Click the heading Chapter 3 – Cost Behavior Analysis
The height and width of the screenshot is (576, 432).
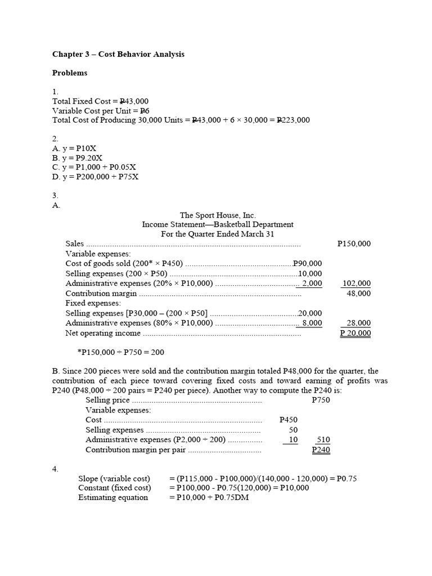tap(118, 55)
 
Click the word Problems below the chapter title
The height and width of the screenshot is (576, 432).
tap(70, 73)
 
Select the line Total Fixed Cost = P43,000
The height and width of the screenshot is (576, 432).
tap(100, 101)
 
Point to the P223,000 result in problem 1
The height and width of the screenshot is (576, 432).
tap(290, 120)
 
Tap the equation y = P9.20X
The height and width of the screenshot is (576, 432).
tap(78, 158)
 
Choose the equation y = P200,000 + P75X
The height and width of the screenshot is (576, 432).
tap(95, 177)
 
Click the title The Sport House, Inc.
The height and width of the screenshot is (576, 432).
tap(218, 215)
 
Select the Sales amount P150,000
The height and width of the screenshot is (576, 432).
tap(354, 244)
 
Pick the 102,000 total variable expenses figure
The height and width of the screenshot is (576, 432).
tap(357, 283)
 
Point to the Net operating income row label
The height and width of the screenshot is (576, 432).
tap(103, 333)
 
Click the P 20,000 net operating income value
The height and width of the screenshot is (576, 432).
tap(355, 333)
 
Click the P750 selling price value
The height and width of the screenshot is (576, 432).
tap(321, 400)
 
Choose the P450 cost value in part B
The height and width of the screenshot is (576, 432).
tap(289, 420)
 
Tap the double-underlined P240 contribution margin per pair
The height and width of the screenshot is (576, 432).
tap(321, 450)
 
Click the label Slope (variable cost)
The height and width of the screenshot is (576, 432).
tap(114, 479)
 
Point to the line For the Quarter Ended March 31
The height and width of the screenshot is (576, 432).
tap(218, 234)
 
